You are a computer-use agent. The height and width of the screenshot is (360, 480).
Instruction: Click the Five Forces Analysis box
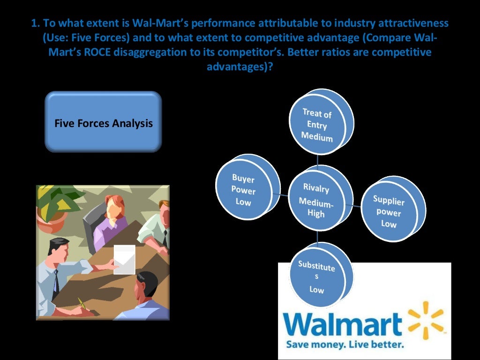pyautogui.click(x=103, y=123)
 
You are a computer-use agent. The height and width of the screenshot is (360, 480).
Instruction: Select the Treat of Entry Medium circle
pyautogui.click(x=317, y=124)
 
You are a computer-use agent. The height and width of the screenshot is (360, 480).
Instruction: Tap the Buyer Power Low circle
pyautogui.click(x=243, y=190)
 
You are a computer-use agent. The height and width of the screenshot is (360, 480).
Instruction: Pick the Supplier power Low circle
pyautogui.click(x=389, y=211)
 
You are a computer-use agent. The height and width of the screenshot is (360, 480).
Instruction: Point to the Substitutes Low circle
pyautogui.click(x=316, y=277)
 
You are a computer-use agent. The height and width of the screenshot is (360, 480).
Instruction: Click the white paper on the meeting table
pyautogui.click(x=124, y=259)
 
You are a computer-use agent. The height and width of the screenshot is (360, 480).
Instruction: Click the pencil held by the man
pyautogui.click(x=82, y=304)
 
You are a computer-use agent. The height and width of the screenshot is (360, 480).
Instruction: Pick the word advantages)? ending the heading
pyautogui.click(x=240, y=67)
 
